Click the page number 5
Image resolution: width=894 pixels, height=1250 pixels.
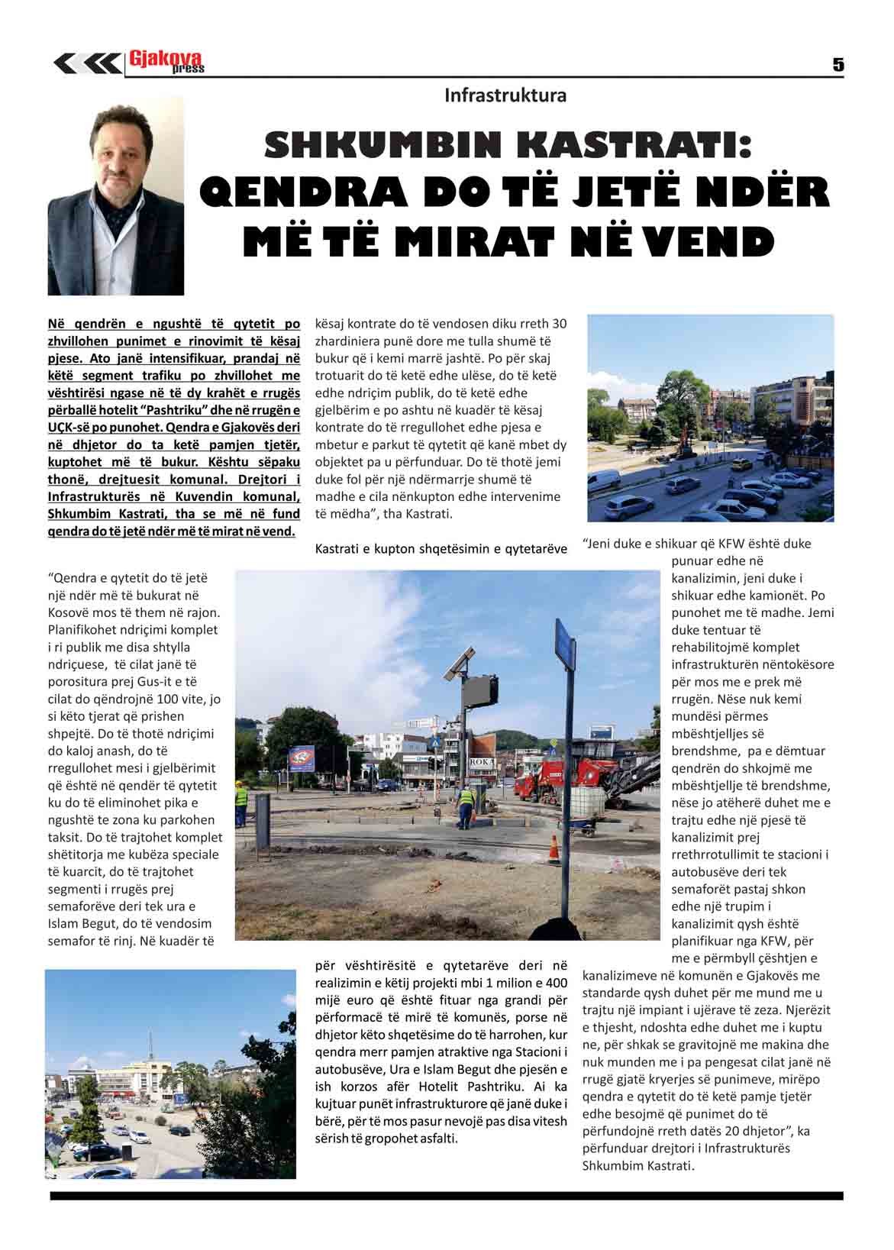click(x=838, y=66)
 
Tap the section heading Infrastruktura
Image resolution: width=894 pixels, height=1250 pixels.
click(x=505, y=95)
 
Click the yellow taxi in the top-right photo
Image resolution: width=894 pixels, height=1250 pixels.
click(x=739, y=464)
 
